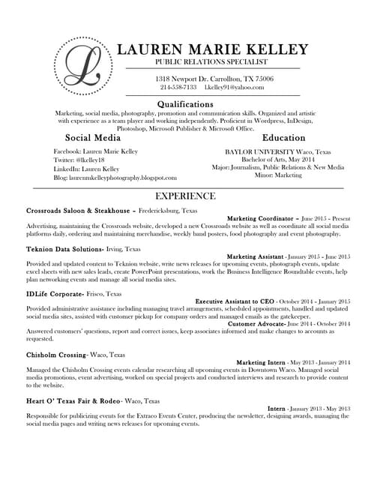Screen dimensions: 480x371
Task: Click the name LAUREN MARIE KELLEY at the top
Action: pos(213,49)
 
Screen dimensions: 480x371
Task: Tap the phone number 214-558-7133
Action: pos(178,88)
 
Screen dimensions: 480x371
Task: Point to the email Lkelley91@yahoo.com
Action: pos(234,88)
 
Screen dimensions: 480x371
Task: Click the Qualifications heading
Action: pos(185,103)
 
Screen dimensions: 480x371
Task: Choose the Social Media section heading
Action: pos(93,138)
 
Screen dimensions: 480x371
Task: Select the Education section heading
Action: pos(283,138)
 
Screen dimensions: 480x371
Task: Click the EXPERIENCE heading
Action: pos(185,196)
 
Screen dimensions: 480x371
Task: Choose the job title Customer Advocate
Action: pos(257,323)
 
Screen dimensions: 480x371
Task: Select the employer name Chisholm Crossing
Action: pos(55,354)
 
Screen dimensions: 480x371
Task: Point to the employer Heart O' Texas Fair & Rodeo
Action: pos(73,400)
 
